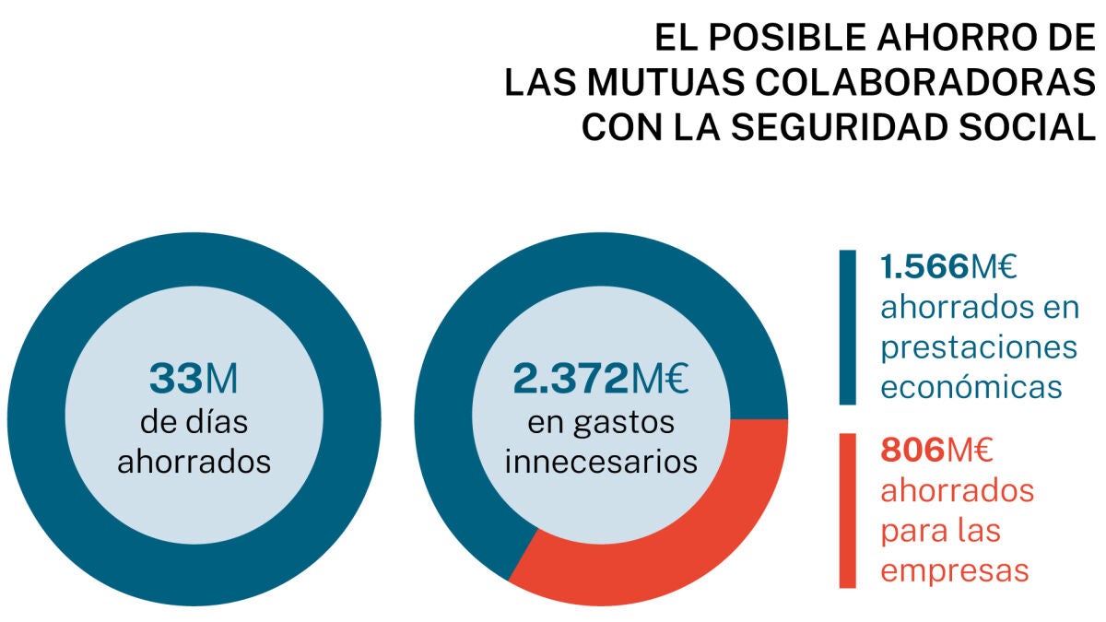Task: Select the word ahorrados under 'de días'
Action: pos(194,460)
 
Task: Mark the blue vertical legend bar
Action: pos(847,327)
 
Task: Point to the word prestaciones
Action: pos(979,347)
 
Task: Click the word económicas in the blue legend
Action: pos(971,387)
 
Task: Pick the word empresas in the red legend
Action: pos(954,570)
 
